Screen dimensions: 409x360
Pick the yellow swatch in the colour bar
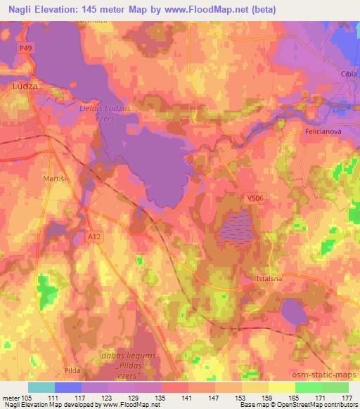coord(281,387)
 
